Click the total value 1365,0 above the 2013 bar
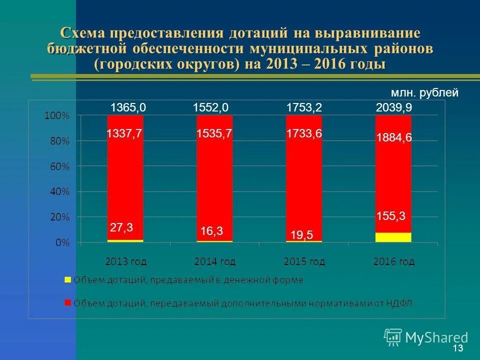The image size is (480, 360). pos(124,107)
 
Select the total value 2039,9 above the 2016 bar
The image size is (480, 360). pos(393,107)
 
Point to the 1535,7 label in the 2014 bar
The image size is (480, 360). pos(214,134)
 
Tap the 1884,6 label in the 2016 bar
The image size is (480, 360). pos(393,137)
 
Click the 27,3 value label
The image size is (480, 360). pos(121,228)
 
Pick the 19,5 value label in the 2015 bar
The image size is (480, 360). pos(301,235)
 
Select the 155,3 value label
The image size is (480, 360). pos(390,216)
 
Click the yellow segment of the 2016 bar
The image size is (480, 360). pos(393,237)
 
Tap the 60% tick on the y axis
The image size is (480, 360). pos(59,166)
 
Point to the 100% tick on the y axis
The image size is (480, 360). pos(57,115)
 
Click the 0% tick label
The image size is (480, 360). pos(62,243)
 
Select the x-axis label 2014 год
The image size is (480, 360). pos(214,261)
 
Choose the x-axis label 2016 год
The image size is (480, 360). pos(393,261)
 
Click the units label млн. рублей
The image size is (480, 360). pos(424,92)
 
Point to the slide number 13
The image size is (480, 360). pos(457,348)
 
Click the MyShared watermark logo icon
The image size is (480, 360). pos(393,337)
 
